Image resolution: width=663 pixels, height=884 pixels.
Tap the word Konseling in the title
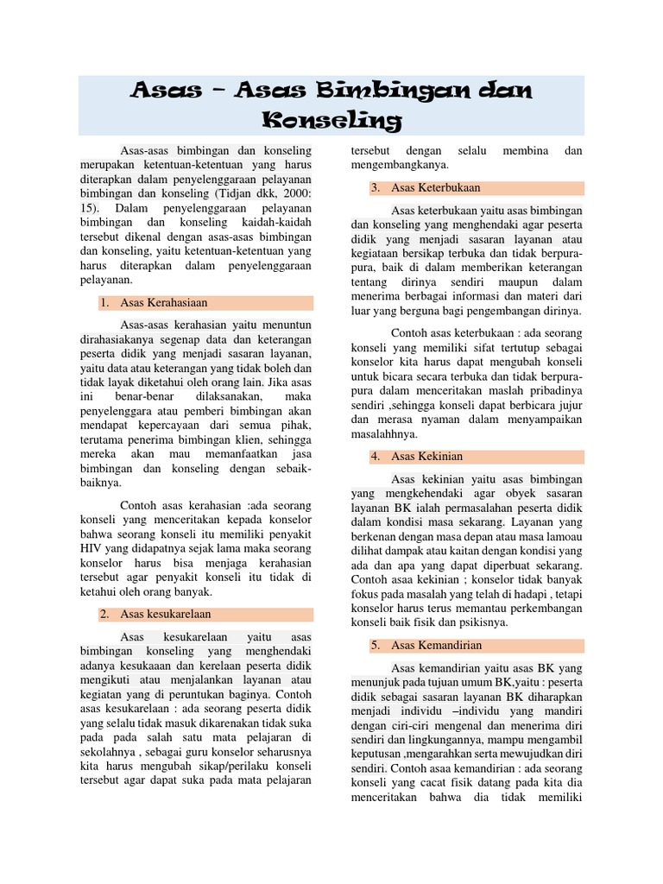(x=331, y=119)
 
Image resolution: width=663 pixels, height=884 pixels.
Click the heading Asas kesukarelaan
(x=166, y=614)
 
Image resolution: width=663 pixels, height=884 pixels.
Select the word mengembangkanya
(x=405, y=165)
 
